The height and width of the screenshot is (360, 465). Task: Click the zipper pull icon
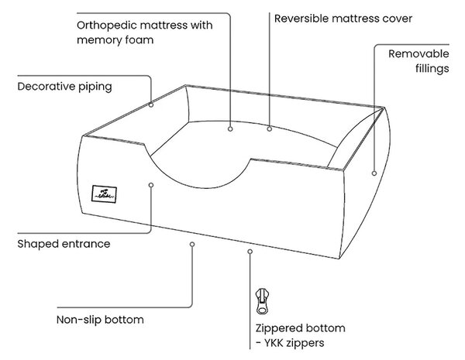[x=262, y=300]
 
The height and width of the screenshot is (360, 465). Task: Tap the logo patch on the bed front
[x=104, y=194]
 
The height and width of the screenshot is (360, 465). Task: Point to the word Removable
[x=418, y=54]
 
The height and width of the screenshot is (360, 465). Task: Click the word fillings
[x=432, y=69]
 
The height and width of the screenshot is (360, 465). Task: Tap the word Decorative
[x=46, y=87]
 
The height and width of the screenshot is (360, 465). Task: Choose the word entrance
[x=86, y=244]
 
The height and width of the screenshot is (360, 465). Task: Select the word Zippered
[x=279, y=328]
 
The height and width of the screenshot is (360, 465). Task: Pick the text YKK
[x=274, y=343]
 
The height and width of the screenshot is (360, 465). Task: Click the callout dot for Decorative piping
[x=151, y=105]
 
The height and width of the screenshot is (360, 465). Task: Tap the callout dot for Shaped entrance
[x=151, y=185]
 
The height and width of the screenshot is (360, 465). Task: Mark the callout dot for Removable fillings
[x=374, y=173]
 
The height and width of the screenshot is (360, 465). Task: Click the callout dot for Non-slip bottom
[x=192, y=244]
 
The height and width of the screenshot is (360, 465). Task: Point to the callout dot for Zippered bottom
[x=250, y=252]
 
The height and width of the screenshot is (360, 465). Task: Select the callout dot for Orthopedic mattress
[x=230, y=129]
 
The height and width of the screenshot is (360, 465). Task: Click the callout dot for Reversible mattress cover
[x=269, y=129]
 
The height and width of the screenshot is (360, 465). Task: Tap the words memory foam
[x=115, y=40]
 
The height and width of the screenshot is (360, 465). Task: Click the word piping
[x=95, y=87]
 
